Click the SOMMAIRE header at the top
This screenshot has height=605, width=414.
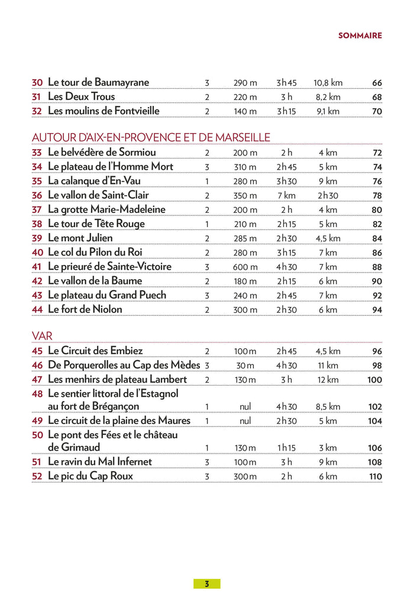point(360,35)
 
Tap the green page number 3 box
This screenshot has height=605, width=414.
point(206,584)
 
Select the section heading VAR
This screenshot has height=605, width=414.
point(42,336)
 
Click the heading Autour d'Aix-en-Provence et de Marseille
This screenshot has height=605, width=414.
point(151,137)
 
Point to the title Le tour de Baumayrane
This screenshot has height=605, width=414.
point(98,82)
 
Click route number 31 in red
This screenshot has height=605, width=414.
point(37,97)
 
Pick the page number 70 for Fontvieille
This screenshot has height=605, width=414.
point(377,111)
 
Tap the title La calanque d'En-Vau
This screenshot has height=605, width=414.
point(94,181)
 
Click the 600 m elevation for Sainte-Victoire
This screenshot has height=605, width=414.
point(245,267)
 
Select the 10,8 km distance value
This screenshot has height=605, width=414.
point(328,83)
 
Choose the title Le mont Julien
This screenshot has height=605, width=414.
point(80,238)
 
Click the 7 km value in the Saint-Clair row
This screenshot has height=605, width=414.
point(286,196)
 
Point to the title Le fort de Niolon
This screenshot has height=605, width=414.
point(85,309)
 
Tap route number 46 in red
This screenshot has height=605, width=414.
point(37,365)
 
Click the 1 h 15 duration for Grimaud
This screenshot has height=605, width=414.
point(286,448)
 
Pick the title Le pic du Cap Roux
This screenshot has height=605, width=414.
point(90,476)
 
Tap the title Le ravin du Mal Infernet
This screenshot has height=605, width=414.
point(99,462)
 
